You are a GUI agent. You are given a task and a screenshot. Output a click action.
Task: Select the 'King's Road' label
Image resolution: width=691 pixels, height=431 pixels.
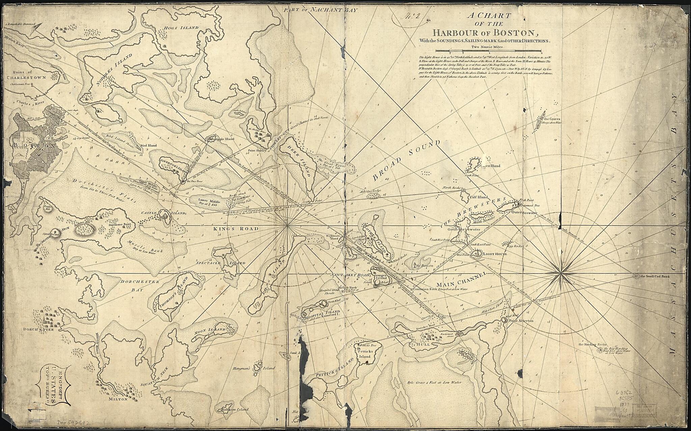pos(236,229)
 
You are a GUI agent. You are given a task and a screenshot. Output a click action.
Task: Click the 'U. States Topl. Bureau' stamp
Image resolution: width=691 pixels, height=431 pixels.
pos(56,384)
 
